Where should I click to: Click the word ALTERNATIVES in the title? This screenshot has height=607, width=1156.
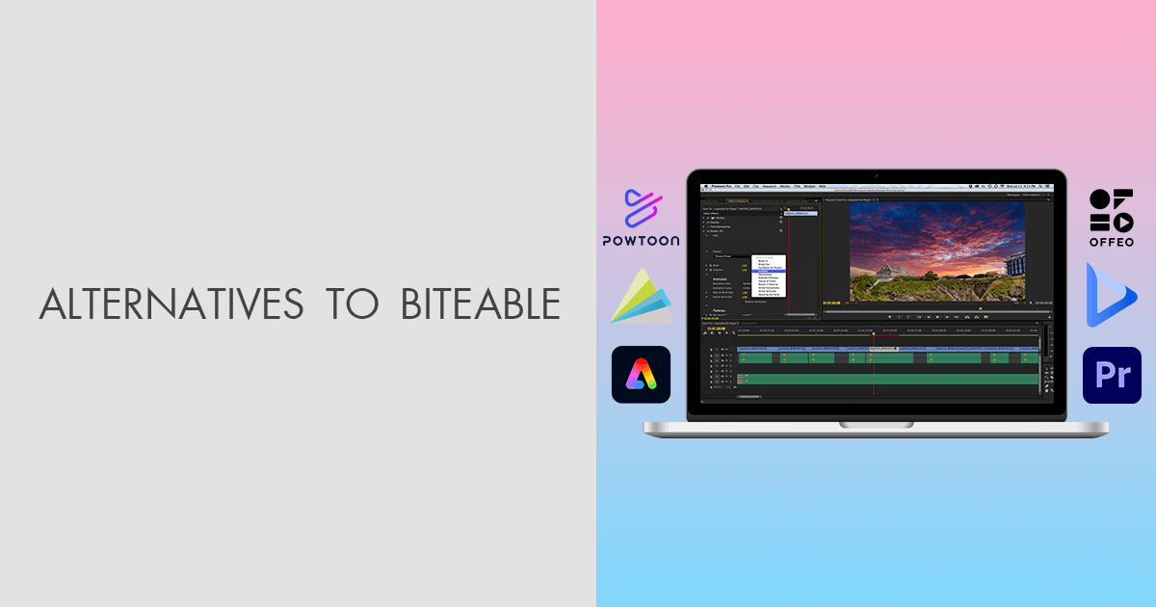pos(171,303)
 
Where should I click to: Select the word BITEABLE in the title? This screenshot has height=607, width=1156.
pos(479,303)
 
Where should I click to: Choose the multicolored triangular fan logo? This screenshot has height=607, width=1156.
pos(640,298)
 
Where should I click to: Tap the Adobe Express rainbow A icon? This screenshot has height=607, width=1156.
pos(641,374)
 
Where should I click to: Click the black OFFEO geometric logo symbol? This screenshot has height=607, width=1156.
pos(1111,210)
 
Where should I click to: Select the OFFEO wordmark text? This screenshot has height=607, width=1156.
pos(1111,243)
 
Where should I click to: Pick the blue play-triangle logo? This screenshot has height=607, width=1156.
pos(1110,294)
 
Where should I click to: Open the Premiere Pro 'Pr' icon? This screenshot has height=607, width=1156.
pos(1112,375)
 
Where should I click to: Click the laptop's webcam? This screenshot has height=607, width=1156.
pos(876,176)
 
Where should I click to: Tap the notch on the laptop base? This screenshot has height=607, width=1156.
pos(876,424)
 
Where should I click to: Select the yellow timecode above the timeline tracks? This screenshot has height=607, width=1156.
pos(716,328)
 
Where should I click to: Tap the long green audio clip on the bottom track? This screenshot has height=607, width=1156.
pos(886,379)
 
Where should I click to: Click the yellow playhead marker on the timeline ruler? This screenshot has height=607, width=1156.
pos(874,334)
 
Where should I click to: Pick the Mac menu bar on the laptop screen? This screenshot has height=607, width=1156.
pos(876,185)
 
